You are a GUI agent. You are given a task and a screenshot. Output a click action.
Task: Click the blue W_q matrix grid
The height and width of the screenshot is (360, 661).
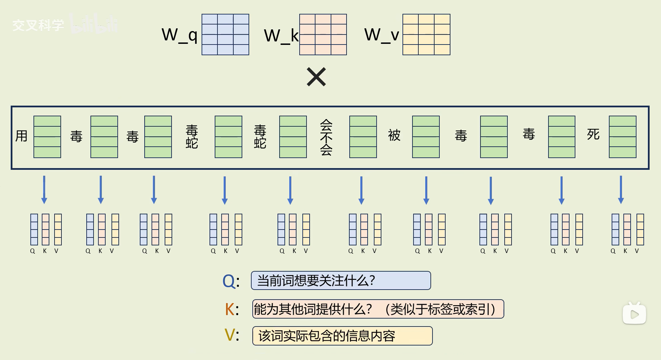(x=225, y=35)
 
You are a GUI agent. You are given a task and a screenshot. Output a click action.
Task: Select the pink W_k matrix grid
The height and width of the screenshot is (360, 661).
(x=323, y=35)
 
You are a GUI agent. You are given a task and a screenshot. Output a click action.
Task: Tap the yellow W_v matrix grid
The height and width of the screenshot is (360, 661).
(x=426, y=35)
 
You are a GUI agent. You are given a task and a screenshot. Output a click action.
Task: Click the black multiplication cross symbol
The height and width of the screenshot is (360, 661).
(x=316, y=77)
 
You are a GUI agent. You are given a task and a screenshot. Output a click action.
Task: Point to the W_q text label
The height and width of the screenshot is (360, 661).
(x=179, y=35)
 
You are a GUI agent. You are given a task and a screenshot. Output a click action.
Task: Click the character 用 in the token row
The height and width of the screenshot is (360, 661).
(x=21, y=136)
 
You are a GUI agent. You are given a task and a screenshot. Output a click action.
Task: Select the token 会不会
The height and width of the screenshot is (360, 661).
(x=326, y=137)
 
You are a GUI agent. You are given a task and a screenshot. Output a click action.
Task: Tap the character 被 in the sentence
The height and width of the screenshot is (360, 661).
(x=394, y=135)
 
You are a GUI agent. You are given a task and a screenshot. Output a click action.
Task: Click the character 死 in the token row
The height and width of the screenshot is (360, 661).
(x=593, y=134)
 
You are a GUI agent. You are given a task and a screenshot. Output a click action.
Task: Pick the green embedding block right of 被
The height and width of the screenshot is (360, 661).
(x=426, y=137)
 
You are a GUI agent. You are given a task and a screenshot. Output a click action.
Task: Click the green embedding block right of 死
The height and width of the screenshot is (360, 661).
(x=622, y=137)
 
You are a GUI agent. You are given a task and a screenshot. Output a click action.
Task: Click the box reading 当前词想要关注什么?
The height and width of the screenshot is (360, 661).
(x=341, y=280)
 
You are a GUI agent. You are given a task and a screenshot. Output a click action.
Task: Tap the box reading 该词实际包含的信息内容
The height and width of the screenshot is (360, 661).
(x=342, y=336)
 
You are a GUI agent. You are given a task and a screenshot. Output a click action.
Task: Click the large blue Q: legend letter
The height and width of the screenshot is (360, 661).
(x=229, y=281)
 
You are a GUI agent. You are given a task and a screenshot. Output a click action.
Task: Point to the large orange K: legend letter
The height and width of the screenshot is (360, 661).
(x=230, y=309)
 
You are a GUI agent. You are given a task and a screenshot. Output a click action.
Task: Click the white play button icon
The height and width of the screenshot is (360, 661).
(x=634, y=314)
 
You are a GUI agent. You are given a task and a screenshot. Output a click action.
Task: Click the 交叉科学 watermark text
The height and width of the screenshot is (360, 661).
(x=38, y=25)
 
